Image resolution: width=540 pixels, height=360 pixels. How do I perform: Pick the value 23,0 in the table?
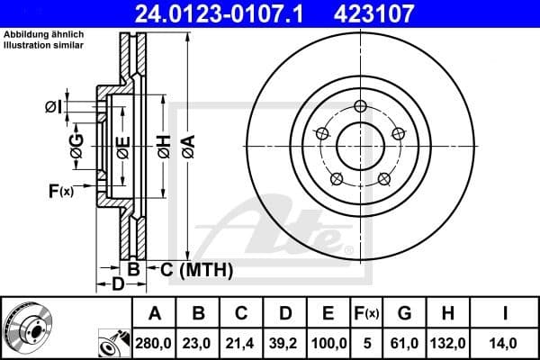pyautogui.click(x=197, y=343)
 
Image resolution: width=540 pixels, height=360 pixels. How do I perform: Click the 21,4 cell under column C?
pyautogui.click(x=240, y=343)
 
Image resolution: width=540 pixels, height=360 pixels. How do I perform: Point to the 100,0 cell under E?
pyautogui.click(x=328, y=343)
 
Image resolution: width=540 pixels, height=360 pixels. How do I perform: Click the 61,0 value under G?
pyautogui.click(x=406, y=343)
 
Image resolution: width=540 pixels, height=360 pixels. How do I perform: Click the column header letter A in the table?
pyautogui.click(x=154, y=314)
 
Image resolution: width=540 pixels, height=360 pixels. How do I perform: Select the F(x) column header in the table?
pyautogui.click(x=366, y=314)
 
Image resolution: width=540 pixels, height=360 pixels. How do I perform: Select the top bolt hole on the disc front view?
pyautogui.click(x=360, y=106)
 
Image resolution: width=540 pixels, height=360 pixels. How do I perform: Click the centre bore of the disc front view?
pyautogui.click(x=360, y=144)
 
